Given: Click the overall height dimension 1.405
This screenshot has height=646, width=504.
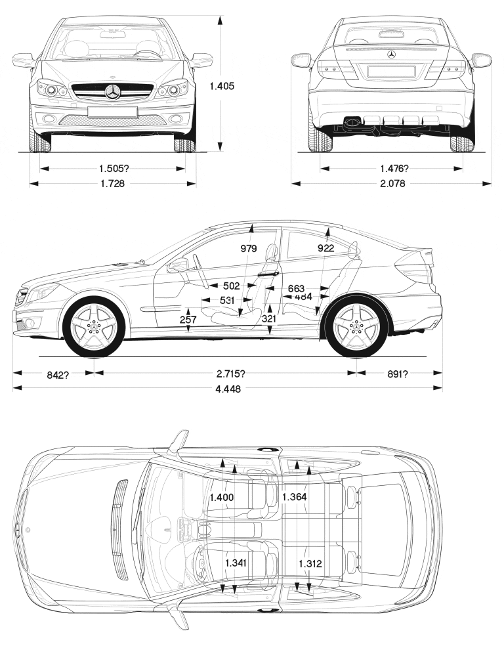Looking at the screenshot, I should pos(222,85).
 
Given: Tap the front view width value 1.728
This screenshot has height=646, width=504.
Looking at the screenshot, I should pos(112,184).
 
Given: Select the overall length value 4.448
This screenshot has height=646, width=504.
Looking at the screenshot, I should pos(227,389).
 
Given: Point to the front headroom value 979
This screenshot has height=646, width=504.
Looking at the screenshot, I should pos(249,249).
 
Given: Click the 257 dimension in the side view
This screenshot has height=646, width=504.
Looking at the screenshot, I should pos(188,319).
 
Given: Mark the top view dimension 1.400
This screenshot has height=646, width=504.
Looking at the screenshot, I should pos(221,498).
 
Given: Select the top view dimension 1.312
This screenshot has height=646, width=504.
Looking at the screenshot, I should pos(310,563).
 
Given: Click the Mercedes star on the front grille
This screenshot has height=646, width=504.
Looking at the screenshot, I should pos(113,92).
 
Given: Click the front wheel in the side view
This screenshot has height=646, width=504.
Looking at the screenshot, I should pos(95,326).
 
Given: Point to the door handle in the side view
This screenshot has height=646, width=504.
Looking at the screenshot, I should pos(269,274).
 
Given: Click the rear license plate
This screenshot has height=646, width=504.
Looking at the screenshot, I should pos(391,71).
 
